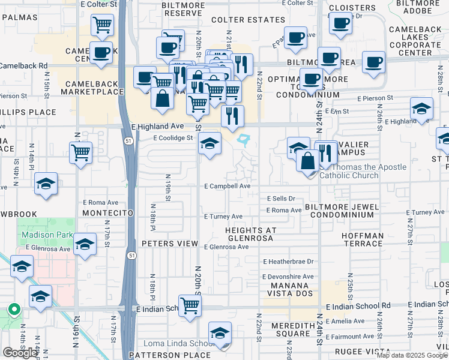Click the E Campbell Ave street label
tap(227, 186)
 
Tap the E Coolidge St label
tap(173, 137)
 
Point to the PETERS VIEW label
tap(169, 244)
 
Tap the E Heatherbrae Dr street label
tap(288, 262)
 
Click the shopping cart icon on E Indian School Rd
tap(190, 305)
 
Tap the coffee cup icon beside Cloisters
tap(340, 23)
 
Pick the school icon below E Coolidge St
tap(209, 144)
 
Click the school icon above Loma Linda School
tap(220, 334)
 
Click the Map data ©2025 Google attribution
tap(412, 355)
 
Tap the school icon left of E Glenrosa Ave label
tap(85, 244)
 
